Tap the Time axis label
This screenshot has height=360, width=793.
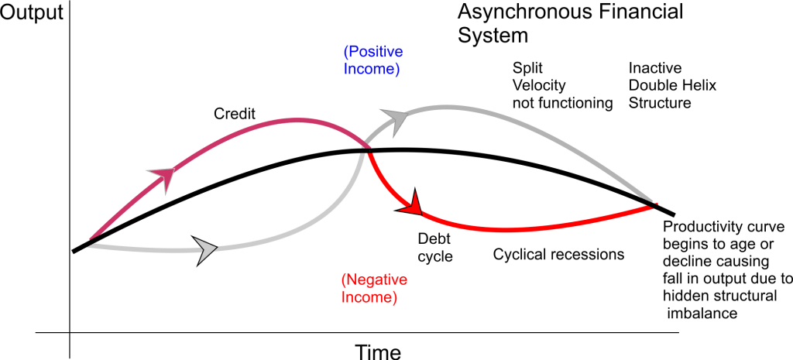[x=378, y=351]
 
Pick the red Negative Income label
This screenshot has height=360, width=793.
[x=369, y=287]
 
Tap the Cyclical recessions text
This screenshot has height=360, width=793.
[x=558, y=254]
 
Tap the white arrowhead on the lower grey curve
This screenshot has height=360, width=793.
[x=207, y=249]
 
